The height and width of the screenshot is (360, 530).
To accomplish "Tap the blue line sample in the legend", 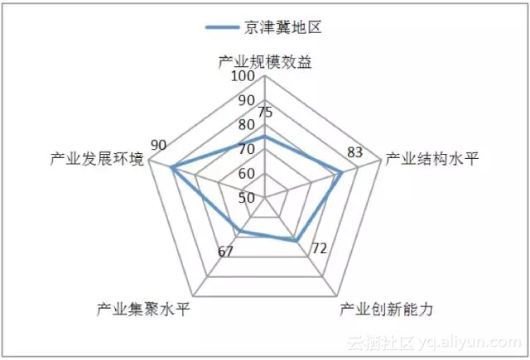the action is [x=224, y=27].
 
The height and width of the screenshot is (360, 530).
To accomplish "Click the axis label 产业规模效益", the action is [x=264, y=63].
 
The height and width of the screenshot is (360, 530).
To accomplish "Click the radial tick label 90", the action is [x=246, y=101].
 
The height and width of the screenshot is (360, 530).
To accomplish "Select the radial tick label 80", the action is [x=246, y=125].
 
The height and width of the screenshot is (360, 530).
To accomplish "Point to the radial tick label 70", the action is [x=246, y=150].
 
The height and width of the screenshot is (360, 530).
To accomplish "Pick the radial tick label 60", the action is [x=246, y=174].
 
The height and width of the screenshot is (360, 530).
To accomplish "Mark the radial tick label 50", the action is [x=246, y=198].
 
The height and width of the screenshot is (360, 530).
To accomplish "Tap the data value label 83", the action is [x=355, y=151].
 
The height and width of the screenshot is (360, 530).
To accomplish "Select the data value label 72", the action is [x=319, y=248].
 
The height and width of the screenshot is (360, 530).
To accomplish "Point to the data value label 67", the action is [x=224, y=252].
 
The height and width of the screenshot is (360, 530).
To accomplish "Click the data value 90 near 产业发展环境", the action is [x=159, y=145].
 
